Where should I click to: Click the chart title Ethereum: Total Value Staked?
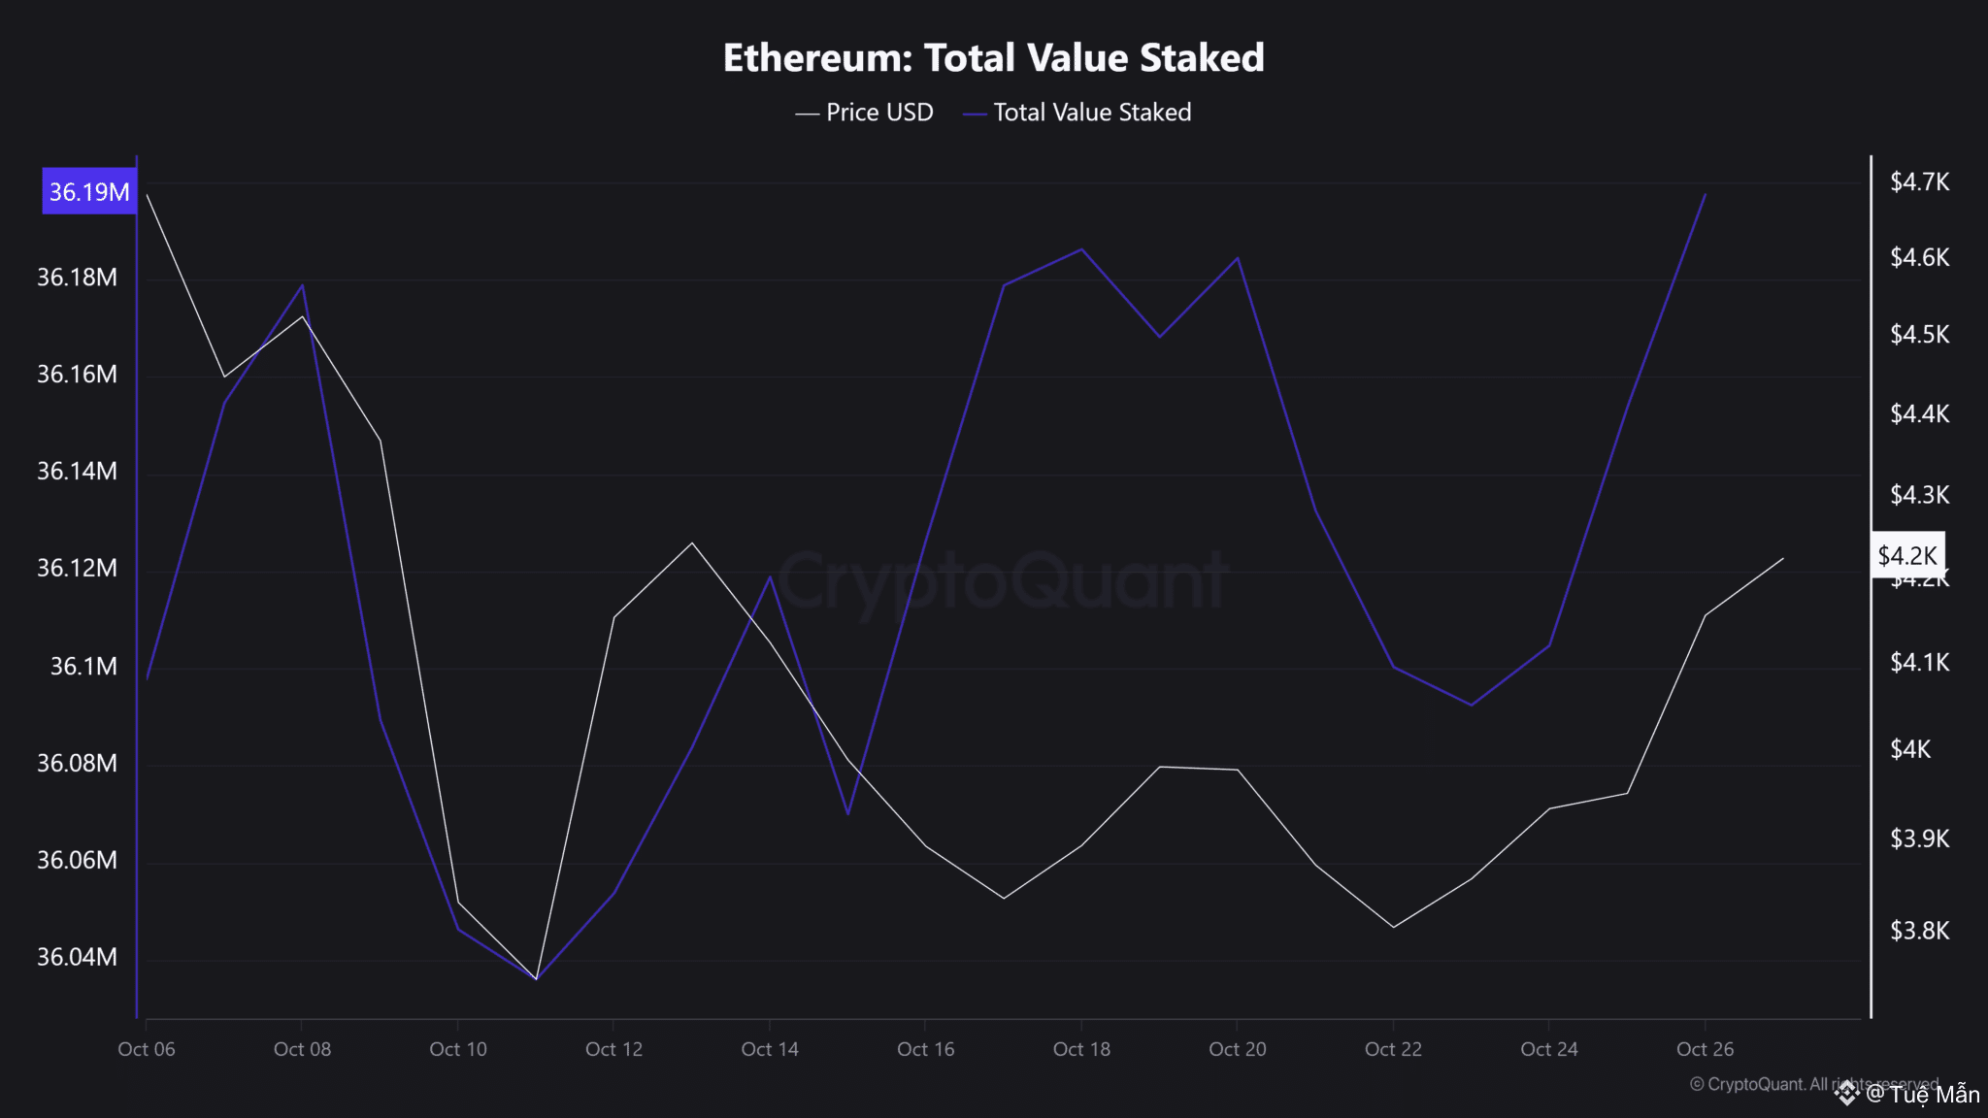(993, 58)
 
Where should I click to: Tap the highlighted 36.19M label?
(89, 191)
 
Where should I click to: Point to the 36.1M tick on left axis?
(83, 667)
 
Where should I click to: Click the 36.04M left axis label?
(77, 958)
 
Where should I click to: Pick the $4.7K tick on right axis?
(1919, 182)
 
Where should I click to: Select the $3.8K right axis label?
(1919, 932)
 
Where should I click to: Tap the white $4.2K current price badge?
(1907, 556)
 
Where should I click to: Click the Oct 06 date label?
(147, 1049)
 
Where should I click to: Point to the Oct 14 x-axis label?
(770, 1049)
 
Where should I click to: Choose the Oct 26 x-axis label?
(1705, 1049)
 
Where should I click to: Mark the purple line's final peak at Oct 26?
(1706, 194)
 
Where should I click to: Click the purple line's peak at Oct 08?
(303, 285)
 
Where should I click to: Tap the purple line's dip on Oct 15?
(848, 813)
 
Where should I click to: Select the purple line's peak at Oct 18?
(1081, 249)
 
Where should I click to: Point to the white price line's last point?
(1783, 558)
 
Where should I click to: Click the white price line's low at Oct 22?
(1394, 927)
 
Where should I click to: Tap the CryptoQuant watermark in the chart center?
(1003, 581)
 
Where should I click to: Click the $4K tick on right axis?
(1910, 750)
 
